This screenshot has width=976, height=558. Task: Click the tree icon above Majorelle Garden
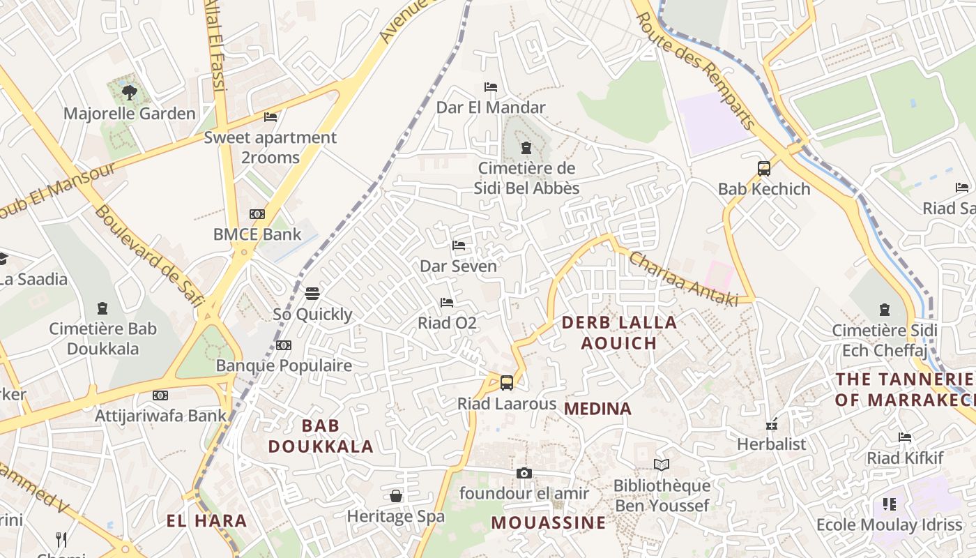[x=129, y=91]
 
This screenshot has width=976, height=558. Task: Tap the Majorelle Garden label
[x=130, y=113]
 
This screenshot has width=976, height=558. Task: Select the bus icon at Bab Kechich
[x=764, y=168]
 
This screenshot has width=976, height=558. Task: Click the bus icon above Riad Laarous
[x=507, y=382]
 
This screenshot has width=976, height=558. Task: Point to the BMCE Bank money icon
[x=257, y=214]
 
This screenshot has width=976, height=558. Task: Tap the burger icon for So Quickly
[x=312, y=293]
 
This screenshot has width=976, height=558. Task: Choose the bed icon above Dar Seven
[x=459, y=246]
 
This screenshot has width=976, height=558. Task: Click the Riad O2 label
[x=447, y=323]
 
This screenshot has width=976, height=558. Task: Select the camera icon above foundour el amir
[x=524, y=473]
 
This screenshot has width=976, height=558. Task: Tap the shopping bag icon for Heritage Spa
[x=396, y=496]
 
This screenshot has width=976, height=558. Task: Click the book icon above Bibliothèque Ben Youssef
[x=661, y=465]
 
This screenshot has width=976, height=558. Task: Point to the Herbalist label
[x=771, y=444]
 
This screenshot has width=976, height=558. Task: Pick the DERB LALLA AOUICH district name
[x=619, y=333]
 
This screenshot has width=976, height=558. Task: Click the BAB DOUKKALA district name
[x=321, y=436]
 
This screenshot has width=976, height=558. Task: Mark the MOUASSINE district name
[x=549, y=522]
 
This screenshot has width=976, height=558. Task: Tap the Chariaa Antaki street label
[x=683, y=278]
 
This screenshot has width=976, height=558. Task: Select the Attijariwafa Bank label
[x=161, y=416]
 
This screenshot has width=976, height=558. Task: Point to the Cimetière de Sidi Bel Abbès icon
[x=526, y=148]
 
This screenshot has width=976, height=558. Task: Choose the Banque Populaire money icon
[x=283, y=345]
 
